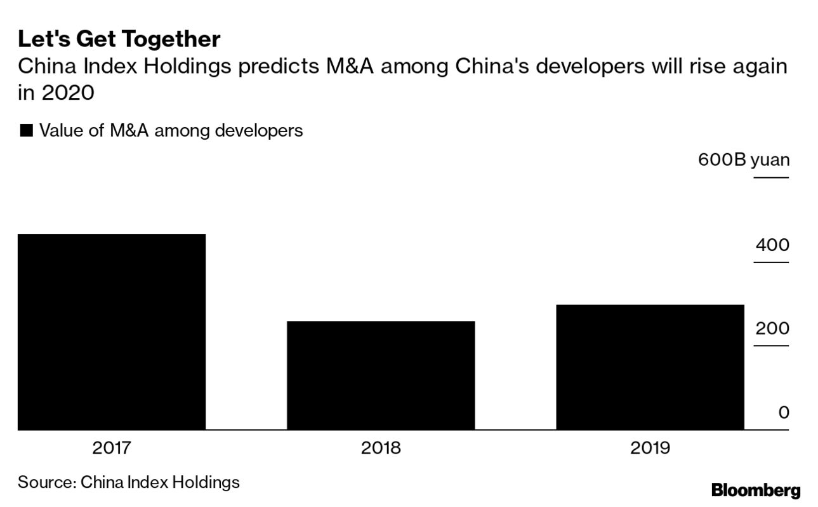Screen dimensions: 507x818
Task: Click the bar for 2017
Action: [111, 332]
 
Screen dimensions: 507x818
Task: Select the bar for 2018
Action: [381, 375]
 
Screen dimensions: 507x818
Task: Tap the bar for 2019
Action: [650, 367]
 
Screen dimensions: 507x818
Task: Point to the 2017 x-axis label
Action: [111, 448]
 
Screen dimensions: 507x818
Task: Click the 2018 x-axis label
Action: [381, 448]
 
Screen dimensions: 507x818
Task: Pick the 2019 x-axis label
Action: [650, 448]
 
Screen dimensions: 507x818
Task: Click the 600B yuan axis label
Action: [744, 159]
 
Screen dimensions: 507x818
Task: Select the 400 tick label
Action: [772, 245]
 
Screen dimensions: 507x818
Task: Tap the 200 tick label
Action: [772, 328]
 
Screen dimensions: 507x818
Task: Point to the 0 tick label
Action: [784, 412]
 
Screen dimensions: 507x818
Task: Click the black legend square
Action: [26, 131]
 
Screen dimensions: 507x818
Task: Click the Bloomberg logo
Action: [756, 490]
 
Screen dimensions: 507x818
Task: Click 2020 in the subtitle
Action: [67, 93]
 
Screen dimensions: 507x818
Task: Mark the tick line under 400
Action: [771, 262]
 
